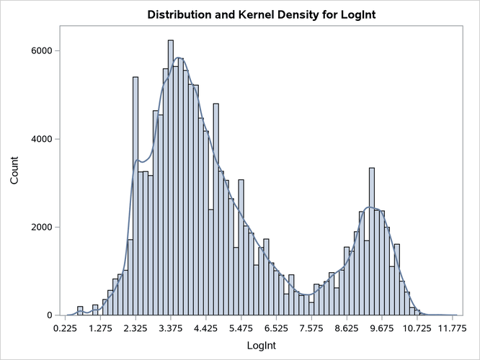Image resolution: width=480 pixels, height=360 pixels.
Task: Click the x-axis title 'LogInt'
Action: point(258,347)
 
